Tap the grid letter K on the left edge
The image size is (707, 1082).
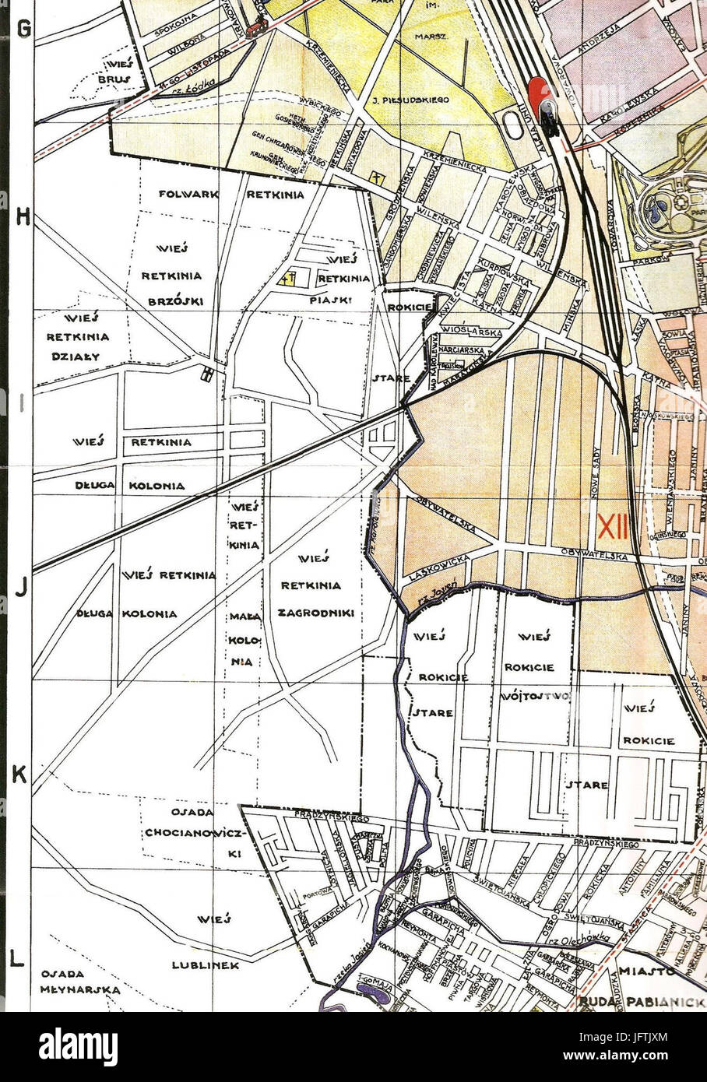pos(20,774)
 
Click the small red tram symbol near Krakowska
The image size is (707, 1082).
pos(255,29)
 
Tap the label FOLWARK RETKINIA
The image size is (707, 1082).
pos(231,195)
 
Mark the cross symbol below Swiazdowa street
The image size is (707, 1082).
pos(377,177)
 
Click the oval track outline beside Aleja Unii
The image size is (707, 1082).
pos(510,125)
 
